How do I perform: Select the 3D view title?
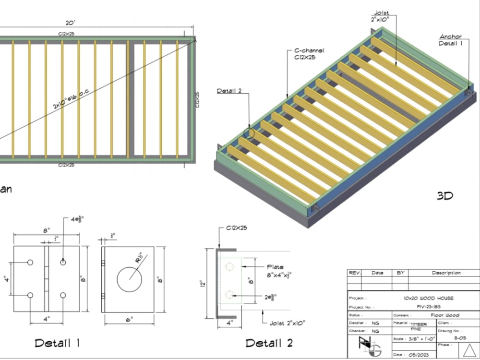click(444, 196)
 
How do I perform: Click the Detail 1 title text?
click(57, 343)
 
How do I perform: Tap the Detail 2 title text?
click(269, 343)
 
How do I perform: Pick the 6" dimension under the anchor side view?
click(129, 320)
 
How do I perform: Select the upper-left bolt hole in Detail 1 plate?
click(30, 263)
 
